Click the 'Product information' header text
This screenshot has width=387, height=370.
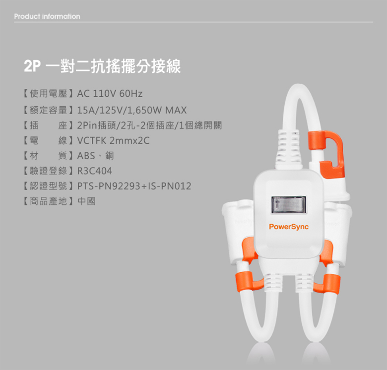coord(47,16)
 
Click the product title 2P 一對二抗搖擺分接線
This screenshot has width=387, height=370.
coord(102,66)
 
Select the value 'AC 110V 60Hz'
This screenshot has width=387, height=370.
coord(110,94)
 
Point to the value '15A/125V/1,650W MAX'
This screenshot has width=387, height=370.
coord(132,110)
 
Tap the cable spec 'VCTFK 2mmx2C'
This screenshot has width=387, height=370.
coord(113,140)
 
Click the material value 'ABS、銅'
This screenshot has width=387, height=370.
coord(96,156)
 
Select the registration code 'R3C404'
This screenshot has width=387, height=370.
coord(95,171)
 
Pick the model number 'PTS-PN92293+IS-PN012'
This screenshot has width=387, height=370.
coord(134,186)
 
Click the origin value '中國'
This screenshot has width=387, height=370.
coord(86,201)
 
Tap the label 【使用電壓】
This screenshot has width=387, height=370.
coord(49,94)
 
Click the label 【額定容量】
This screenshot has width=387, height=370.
coord(49,110)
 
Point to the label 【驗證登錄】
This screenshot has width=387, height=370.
coord(49,171)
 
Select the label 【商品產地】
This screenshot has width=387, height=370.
coord(49,201)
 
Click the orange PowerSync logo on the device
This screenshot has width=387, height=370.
coord(289,227)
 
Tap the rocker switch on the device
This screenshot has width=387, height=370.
coord(289,205)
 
